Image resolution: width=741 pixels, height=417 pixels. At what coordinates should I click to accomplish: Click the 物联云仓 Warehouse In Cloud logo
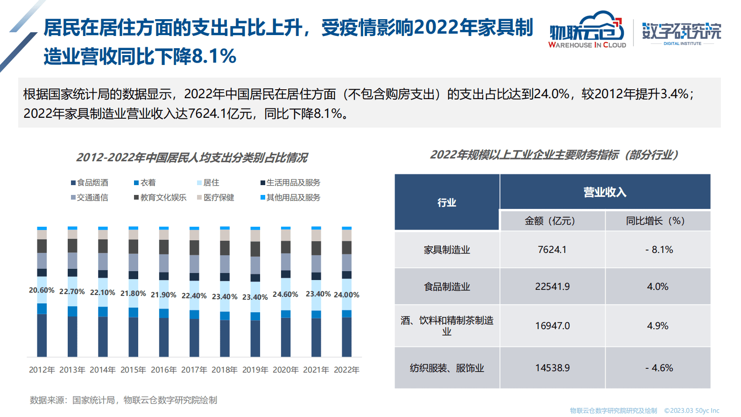(x=587, y=30)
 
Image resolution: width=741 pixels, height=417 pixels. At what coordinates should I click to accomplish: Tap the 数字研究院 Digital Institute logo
(x=682, y=33)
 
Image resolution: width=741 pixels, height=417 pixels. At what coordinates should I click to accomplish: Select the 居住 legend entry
(x=208, y=183)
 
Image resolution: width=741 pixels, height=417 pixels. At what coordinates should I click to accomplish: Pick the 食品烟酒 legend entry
(x=90, y=183)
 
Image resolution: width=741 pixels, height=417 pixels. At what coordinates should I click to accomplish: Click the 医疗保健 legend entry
(x=216, y=198)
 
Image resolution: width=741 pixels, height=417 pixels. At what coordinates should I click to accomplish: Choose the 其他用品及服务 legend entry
(x=290, y=198)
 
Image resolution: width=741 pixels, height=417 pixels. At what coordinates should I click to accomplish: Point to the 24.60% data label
(x=285, y=295)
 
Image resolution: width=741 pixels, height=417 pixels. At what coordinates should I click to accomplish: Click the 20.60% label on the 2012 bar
(x=42, y=290)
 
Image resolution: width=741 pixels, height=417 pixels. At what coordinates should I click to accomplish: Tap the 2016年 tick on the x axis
(x=163, y=370)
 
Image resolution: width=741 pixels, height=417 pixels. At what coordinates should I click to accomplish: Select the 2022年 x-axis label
(x=346, y=370)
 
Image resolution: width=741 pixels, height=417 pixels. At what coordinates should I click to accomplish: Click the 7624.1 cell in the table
(x=552, y=250)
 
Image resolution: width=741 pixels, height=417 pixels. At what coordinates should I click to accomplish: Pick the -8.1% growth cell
(x=658, y=250)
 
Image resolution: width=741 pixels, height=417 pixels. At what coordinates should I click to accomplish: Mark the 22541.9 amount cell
(x=552, y=287)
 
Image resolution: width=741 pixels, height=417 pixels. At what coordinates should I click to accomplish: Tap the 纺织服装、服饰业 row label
(x=447, y=368)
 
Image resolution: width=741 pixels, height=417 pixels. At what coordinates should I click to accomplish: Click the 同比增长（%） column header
(x=655, y=221)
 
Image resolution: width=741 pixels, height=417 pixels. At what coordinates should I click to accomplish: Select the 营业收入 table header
(x=605, y=192)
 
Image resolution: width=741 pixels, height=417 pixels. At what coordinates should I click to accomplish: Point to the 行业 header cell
(x=447, y=202)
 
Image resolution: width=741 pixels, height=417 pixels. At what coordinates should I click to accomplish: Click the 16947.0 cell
(x=552, y=326)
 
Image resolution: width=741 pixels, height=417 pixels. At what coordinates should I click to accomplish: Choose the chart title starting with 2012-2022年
(x=192, y=158)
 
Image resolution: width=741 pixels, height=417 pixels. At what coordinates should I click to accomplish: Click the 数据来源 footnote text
(x=123, y=400)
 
